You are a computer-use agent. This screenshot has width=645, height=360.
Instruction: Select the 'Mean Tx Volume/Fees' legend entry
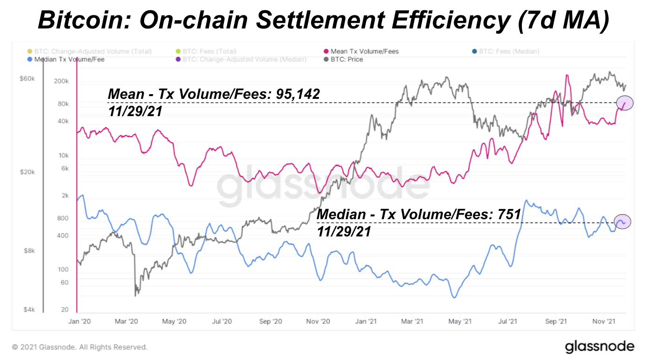coord(364,51)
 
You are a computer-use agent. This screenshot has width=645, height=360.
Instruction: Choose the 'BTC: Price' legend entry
coord(345,59)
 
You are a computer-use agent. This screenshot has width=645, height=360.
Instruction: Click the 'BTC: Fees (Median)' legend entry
coord(509,51)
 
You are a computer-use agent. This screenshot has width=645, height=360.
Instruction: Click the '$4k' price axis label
coord(29,310)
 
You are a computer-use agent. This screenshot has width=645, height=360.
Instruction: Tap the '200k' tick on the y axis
coord(61,81)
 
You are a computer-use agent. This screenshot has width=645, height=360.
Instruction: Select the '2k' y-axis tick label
coord(64,196)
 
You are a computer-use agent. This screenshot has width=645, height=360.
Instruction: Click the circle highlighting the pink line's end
coord(624,103)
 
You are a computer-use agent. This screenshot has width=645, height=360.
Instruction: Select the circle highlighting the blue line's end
coord(622,222)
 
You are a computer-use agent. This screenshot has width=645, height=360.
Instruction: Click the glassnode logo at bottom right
coord(599,347)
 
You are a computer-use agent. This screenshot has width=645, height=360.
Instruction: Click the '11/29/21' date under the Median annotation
coord(344,231)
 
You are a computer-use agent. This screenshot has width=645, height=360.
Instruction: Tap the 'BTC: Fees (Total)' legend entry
coord(209,51)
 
